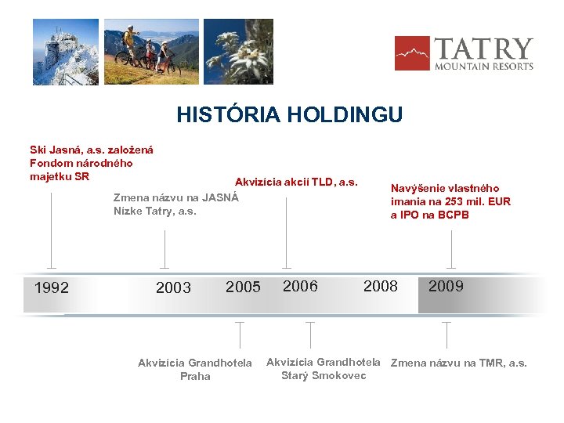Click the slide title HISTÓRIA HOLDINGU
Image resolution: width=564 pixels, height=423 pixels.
point(289,115)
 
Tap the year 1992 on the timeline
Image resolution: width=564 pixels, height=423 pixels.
point(52,287)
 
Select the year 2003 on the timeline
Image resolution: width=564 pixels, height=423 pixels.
point(173,287)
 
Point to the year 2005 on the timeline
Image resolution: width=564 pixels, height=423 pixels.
point(243,287)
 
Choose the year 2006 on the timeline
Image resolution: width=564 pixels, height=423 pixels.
point(300,286)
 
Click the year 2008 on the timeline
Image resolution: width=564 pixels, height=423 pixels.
point(381,286)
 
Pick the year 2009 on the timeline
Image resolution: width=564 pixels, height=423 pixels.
point(446,286)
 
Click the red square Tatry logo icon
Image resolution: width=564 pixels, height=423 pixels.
point(412,53)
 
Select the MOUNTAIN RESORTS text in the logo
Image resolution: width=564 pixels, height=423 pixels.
point(484,67)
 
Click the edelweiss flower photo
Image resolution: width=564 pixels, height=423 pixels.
point(233,52)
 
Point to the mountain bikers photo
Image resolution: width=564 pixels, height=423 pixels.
point(150,52)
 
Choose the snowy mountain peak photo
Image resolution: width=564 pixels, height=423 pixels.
point(65,52)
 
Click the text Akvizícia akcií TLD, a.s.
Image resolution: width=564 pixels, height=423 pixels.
point(296,182)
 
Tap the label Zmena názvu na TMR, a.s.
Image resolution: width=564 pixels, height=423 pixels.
point(458,363)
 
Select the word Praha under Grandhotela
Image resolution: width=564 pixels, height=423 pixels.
point(195,376)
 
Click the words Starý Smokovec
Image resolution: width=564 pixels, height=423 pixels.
point(324,375)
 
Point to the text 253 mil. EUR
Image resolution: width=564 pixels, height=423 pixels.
point(473,201)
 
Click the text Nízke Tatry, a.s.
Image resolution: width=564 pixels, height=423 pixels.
point(154,211)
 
